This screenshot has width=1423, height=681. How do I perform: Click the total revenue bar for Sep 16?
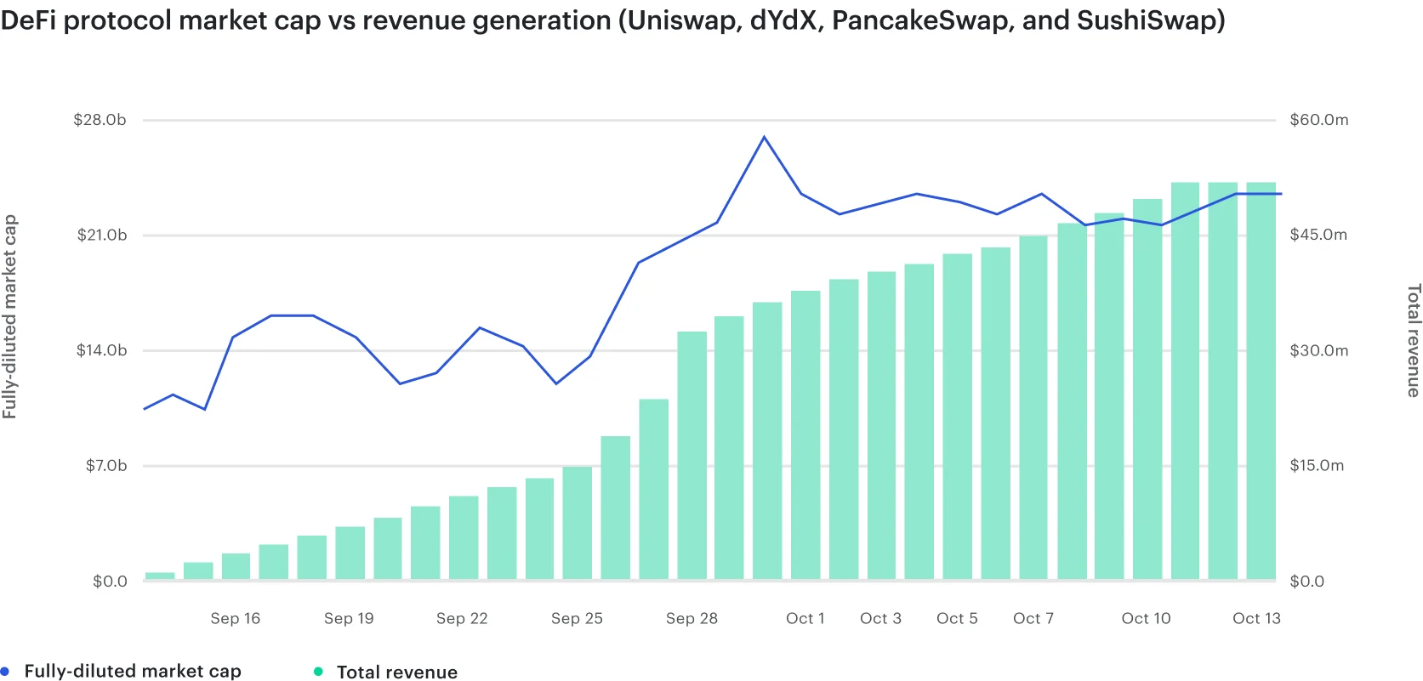pos(236,567)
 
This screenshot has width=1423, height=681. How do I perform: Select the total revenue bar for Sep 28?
pos(692,456)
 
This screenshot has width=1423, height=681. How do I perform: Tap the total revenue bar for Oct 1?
pos(805,435)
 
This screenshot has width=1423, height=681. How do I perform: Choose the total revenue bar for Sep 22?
pos(464,537)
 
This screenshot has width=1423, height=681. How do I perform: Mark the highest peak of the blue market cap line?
pos(764,137)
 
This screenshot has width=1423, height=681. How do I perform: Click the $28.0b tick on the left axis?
pos(100,120)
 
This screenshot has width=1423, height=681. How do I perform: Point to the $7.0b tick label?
pos(106,466)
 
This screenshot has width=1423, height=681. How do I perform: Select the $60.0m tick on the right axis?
pos(1318,120)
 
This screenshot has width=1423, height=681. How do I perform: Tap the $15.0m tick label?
pos(1317,466)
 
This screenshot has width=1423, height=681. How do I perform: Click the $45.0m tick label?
pos(1318,235)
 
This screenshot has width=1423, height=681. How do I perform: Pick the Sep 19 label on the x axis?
pos(349,619)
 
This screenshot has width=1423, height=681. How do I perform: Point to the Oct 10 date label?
pos(1146,619)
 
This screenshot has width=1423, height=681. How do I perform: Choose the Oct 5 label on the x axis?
pos(957,619)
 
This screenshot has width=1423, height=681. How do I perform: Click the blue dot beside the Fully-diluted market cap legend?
pos(4,672)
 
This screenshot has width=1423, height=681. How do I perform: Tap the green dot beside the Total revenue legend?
pos(318,672)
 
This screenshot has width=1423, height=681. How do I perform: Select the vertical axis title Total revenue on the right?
pos(1413,340)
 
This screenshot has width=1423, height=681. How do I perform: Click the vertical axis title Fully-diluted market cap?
pos(9,316)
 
